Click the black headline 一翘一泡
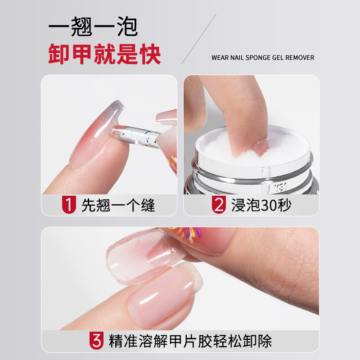93,27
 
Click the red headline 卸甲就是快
104,54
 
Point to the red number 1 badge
69,205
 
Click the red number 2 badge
219,205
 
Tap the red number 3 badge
96,341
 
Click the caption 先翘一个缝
118,205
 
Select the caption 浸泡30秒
261,205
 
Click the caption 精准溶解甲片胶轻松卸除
190,341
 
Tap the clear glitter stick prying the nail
137,136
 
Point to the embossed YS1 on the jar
280,188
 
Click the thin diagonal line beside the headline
199,39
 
